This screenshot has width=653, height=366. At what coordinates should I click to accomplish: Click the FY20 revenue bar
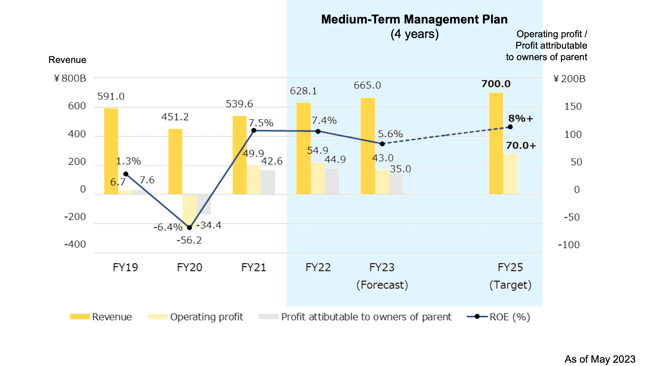pos(175,161)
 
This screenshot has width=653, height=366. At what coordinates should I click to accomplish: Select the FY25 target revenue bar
pos(496,143)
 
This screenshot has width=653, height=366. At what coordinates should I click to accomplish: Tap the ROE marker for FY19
pos(126,174)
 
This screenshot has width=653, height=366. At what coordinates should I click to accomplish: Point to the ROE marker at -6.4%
pos(190,227)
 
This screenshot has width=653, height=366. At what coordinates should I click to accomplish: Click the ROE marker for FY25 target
pos(510,127)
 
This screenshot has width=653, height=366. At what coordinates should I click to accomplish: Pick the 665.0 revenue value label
pos(367,85)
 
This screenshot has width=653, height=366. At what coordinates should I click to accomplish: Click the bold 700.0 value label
pos(496,84)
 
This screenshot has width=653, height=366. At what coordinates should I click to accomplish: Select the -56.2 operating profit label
pos(189,240)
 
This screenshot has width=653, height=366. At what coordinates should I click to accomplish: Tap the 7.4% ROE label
pos(324,120)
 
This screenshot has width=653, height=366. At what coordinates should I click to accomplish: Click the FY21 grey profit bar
pos(268,182)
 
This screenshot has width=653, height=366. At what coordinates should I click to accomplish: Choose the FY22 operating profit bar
pos(318,178)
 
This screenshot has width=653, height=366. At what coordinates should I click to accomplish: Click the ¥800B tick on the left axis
pos(70,78)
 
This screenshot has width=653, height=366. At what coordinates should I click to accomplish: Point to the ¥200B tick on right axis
pos(569,79)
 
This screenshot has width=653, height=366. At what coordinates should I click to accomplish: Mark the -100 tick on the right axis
pos(569,245)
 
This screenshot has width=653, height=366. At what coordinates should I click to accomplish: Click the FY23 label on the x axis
pos(382,267)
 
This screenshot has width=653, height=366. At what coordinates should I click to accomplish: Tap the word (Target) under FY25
pos(510,285)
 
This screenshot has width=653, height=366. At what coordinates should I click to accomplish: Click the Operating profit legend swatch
pos(157,317)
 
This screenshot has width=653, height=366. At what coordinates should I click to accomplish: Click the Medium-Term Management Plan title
pos(414,19)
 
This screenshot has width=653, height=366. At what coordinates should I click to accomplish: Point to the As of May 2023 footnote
pos(600,359)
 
